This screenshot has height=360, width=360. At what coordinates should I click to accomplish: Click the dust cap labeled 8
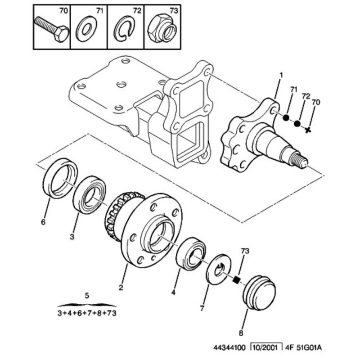click(x=259, y=292)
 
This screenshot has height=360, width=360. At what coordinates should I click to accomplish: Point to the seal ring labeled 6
click(x=60, y=178)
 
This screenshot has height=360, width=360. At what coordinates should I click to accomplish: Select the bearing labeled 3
click(x=90, y=194)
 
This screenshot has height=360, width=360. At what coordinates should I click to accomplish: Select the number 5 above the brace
click(x=87, y=296)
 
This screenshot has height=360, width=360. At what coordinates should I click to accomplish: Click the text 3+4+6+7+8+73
click(x=87, y=314)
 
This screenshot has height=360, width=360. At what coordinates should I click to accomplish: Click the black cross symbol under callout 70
click(x=308, y=130)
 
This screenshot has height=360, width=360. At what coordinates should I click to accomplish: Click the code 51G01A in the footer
click(x=313, y=346)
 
